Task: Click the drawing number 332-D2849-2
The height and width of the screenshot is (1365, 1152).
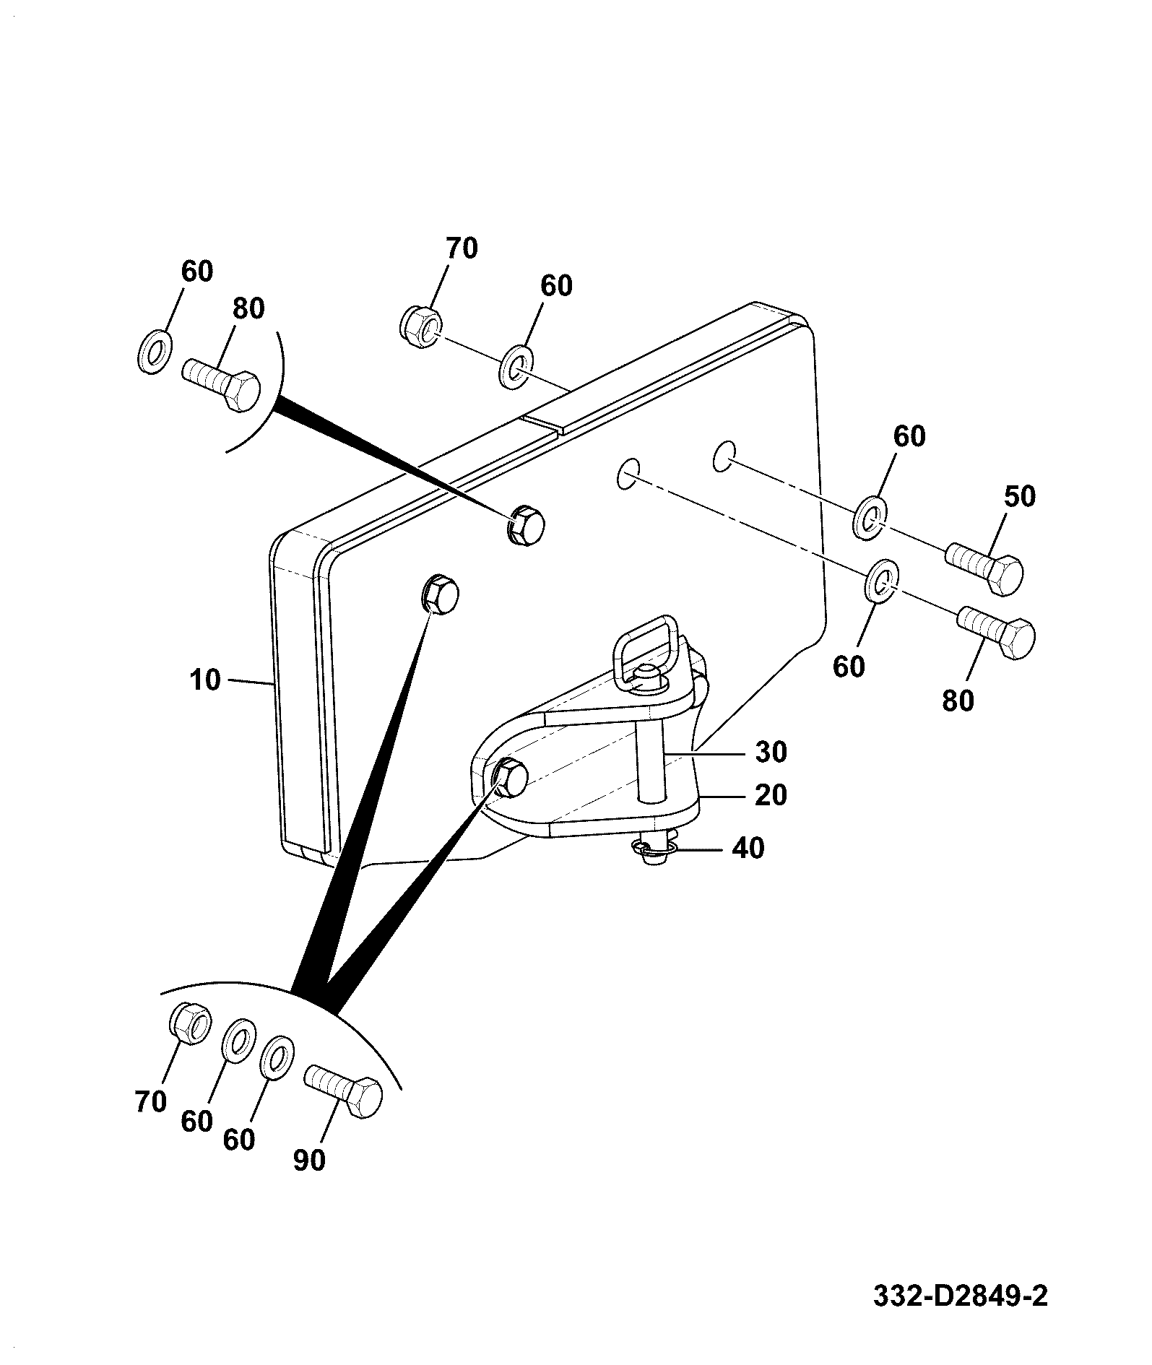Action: click(x=960, y=1296)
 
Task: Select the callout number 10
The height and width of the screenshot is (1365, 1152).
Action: click(x=206, y=680)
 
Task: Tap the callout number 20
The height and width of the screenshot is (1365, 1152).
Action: click(x=771, y=795)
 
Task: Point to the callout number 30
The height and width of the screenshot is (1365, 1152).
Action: click(x=771, y=752)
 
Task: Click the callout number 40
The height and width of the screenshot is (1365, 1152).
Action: click(x=748, y=848)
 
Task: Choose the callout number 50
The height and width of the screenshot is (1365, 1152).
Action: click(x=1019, y=496)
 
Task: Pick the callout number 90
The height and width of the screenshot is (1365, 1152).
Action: click(x=309, y=1160)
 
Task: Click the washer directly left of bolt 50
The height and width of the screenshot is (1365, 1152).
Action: click(x=871, y=517)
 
